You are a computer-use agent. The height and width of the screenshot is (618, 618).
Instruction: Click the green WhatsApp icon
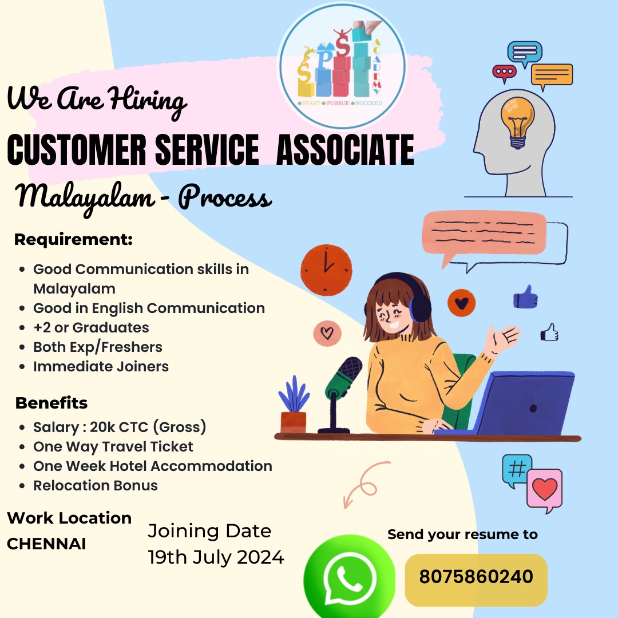(349, 577)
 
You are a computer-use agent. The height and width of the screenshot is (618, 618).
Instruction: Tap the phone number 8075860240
(476, 577)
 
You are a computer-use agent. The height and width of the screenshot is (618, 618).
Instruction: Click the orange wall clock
(326, 270)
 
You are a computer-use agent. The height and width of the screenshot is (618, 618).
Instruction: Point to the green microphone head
(344, 377)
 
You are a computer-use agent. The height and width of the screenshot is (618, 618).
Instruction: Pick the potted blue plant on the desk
(294, 405)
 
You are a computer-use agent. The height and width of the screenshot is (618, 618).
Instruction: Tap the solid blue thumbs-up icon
(525, 297)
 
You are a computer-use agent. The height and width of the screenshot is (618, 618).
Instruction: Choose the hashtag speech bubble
(517, 470)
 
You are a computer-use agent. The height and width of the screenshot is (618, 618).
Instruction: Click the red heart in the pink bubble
(545, 489)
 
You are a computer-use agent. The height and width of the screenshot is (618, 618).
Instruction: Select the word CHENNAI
(46, 544)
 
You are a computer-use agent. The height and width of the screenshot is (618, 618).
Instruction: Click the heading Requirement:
(73, 239)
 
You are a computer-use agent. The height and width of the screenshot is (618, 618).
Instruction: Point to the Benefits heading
(51, 403)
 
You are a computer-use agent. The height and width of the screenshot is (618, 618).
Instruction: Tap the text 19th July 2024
(216, 557)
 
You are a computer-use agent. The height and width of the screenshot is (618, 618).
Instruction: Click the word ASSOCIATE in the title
(345, 149)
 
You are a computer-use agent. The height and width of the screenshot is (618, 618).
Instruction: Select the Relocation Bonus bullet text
(96, 486)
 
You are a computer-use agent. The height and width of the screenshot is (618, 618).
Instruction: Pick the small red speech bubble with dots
(504, 73)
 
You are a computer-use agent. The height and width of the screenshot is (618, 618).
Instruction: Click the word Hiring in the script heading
(147, 100)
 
